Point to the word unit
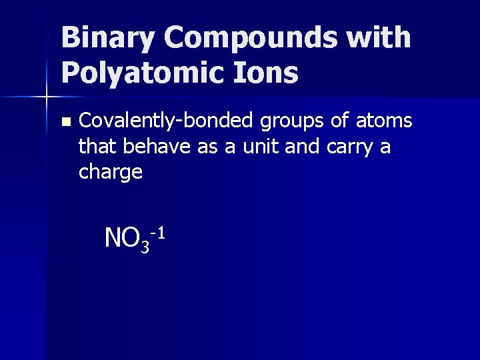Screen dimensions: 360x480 (259, 147)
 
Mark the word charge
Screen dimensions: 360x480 (110, 173)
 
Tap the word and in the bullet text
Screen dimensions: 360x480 (305, 147)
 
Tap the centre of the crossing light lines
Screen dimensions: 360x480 (47, 98)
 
